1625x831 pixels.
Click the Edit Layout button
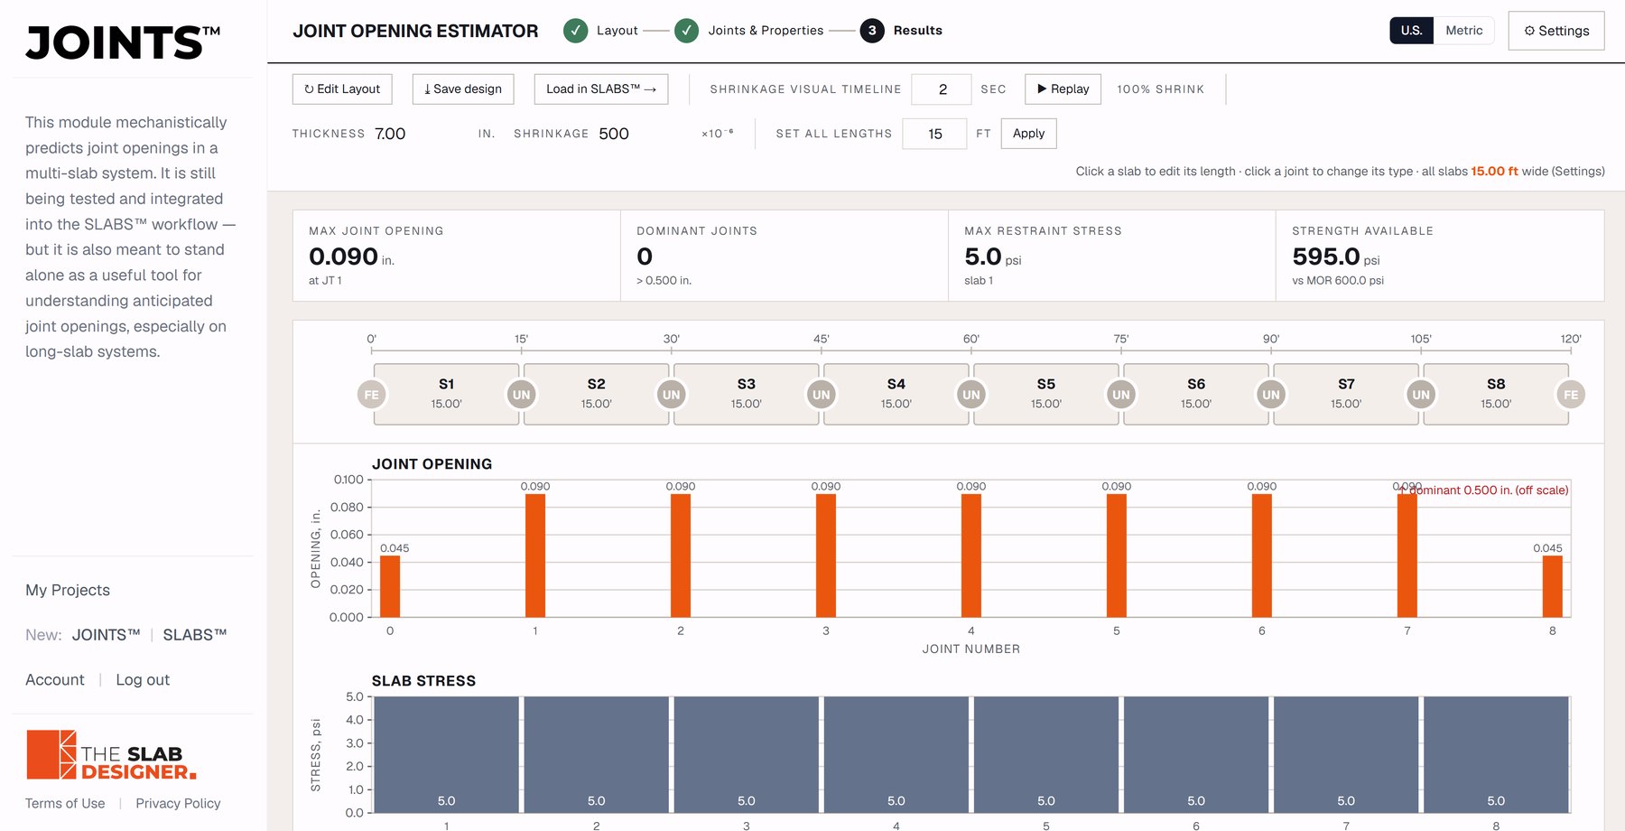point(342,89)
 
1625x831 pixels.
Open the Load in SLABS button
point(601,89)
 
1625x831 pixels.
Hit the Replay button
point(1063,89)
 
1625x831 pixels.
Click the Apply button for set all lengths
point(1028,134)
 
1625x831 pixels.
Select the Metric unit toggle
point(1463,31)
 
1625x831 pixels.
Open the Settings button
point(1556,31)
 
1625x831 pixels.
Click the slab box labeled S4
point(896,394)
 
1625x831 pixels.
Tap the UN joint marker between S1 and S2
point(521,395)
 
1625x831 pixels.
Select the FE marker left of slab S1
point(371,395)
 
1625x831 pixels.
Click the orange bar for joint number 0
point(390,586)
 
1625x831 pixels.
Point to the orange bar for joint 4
point(971,556)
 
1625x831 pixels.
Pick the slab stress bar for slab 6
point(1196,754)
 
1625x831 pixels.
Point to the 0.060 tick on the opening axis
point(347,535)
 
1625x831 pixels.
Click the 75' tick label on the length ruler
point(1120,339)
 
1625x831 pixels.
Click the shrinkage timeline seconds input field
point(942,89)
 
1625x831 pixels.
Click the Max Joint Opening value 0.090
point(343,257)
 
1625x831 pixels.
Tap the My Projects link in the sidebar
point(68,590)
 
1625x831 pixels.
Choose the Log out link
point(143,679)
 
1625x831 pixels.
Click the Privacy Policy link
point(178,803)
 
